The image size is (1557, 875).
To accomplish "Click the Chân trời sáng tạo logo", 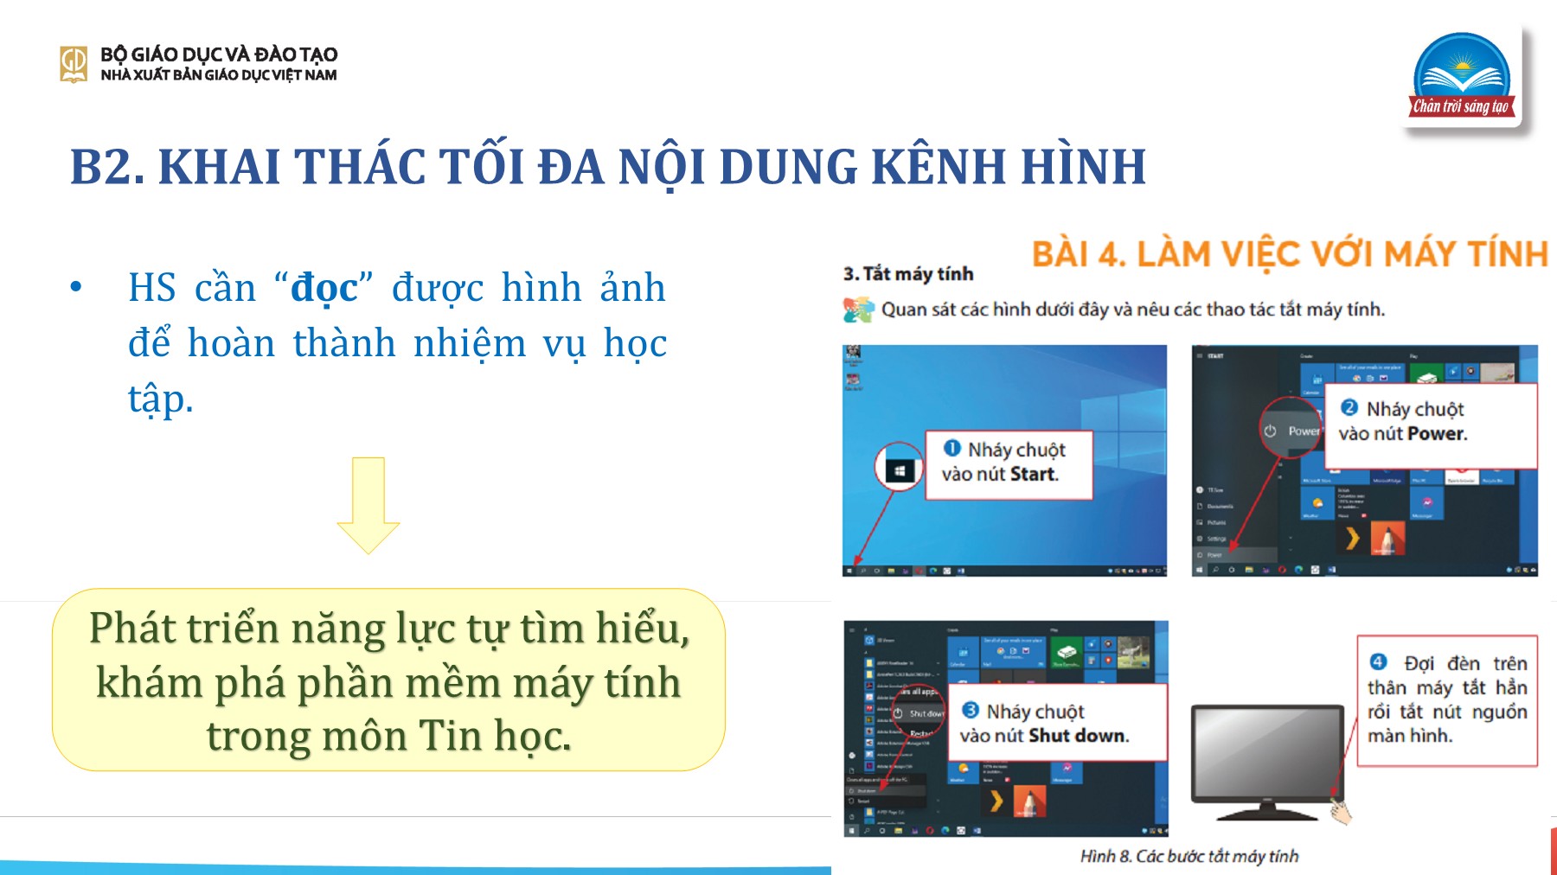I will click(x=1463, y=77).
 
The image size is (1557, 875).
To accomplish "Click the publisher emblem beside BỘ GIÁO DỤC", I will click(x=74, y=64).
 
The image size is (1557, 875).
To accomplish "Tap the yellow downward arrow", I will click(x=368, y=505).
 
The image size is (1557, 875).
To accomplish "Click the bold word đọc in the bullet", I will click(x=324, y=288).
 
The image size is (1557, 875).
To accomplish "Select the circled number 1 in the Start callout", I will click(x=952, y=448).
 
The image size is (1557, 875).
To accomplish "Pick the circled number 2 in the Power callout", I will click(x=1349, y=407).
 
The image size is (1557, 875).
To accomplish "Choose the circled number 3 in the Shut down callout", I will click(x=971, y=710).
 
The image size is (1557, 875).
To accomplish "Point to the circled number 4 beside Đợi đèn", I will click(x=1379, y=662).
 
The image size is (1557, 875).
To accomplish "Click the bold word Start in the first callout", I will click(x=1034, y=474).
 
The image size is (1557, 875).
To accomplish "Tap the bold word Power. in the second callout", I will click(x=1437, y=433).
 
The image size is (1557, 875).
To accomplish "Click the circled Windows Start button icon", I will click(x=900, y=470).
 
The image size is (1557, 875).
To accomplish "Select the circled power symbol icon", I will click(x=1270, y=431).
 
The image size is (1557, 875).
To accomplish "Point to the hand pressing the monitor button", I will click(x=1341, y=811).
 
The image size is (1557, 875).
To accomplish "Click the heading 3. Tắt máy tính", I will click(x=908, y=274).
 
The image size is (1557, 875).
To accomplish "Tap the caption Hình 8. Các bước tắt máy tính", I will click(x=1189, y=856).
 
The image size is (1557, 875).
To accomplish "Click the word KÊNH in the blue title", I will click(x=938, y=167).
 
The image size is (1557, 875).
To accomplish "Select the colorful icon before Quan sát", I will click(x=858, y=310).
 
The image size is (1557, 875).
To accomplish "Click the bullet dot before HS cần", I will click(x=76, y=287).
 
